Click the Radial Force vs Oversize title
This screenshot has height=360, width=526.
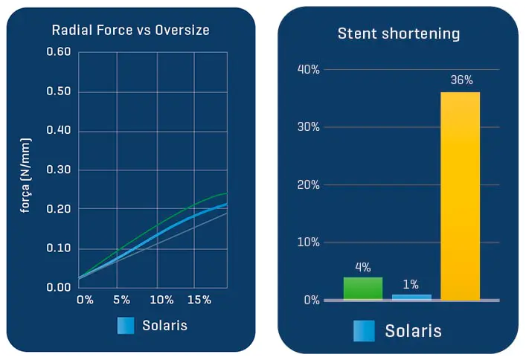pos(130,30)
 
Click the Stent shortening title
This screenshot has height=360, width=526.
pos(399,33)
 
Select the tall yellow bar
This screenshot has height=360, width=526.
pos(461,195)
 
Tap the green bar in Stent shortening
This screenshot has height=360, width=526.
pos(363,288)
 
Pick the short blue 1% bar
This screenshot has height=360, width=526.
pos(411,297)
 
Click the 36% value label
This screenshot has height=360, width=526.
pos(461,80)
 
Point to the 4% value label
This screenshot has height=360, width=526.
pos(363,266)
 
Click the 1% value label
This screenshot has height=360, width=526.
pos(411,284)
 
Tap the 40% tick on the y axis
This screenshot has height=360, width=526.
pos(308,69)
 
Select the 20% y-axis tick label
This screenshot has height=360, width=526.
pos(308,184)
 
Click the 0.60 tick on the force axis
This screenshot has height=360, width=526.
pos(58,52)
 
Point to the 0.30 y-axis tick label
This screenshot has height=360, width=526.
pos(58,170)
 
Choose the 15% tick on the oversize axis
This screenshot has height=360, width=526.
pos(199,300)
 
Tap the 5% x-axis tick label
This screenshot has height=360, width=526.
pos(122,300)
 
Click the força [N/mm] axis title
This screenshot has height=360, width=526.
pos(25,175)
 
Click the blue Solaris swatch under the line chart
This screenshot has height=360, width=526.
pos(125,326)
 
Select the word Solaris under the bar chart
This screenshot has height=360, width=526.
pos(413,331)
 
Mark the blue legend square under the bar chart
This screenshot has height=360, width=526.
pos(364,331)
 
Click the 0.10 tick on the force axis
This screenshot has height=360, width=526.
pos(58,248)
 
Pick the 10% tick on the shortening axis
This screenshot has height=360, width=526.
pos(308,242)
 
